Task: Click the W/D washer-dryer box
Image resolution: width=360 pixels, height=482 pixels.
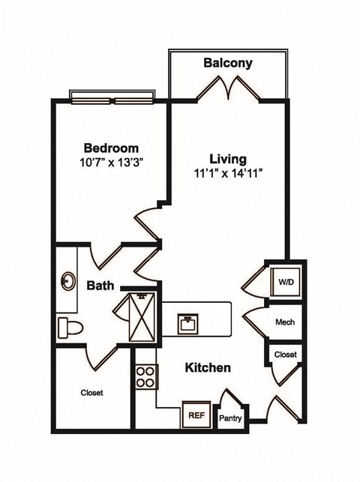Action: point(286,283)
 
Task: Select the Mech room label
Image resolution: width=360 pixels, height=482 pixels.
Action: point(285,322)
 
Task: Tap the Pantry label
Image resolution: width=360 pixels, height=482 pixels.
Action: point(230,418)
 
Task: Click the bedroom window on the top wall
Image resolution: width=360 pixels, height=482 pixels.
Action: point(112,95)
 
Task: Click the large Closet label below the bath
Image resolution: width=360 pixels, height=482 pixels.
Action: point(91,393)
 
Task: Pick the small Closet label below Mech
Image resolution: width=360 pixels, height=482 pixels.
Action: point(285,354)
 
